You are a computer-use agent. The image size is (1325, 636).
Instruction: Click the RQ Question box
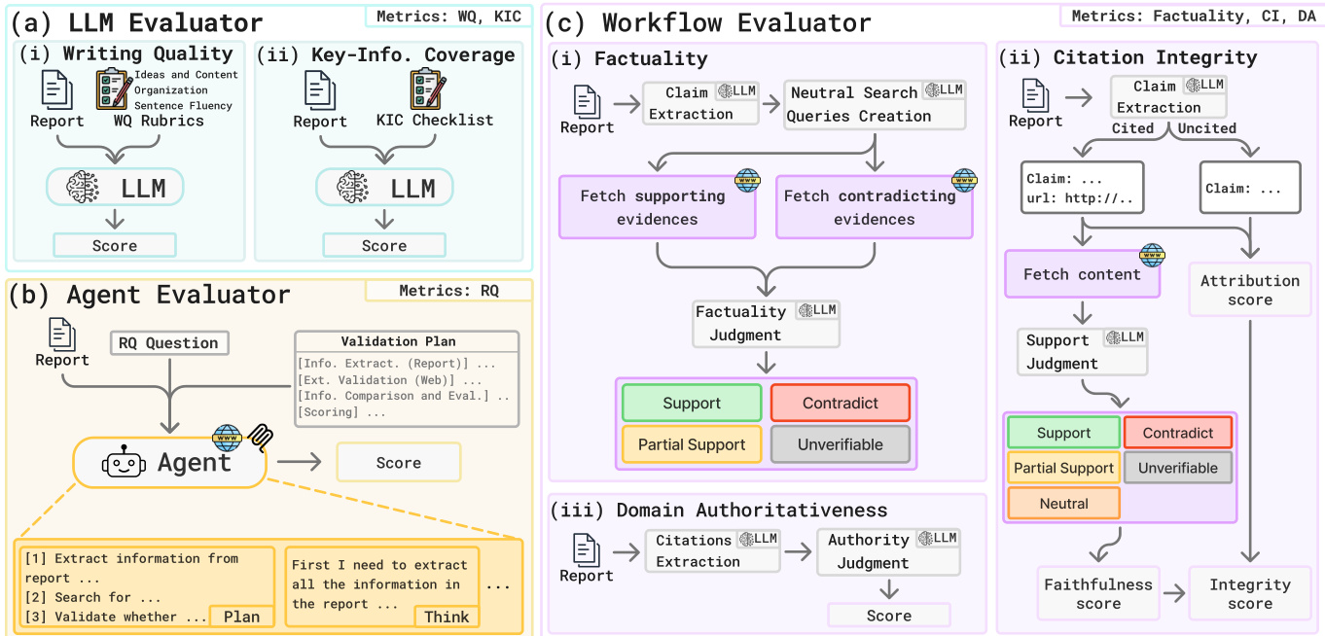pyautogui.click(x=169, y=342)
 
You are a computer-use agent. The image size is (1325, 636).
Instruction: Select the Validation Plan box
pyautogui.click(x=407, y=378)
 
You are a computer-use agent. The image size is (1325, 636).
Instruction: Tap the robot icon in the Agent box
pyautogui.click(x=124, y=463)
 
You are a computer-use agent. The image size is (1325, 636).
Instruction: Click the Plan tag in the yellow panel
pyautogui.click(x=241, y=617)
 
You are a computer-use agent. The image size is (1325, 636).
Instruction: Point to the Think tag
pyautogui.click(x=447, y=617)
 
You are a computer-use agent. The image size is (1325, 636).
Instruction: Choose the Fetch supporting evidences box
pyautogui.click(x=657, y=207)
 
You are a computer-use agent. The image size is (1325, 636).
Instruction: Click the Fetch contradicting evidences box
pyautogui.click(x=874, y=207)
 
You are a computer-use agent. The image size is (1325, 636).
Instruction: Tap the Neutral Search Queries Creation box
pyautogui.click(x=875, y=104)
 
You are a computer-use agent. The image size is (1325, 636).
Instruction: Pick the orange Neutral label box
pyautogui.click(x=1063, y=504)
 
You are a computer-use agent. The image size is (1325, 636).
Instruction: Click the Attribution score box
pyautogui.click(x=1249, y=290)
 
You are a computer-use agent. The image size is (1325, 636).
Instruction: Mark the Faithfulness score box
pyautogui.click(x=1098, y=593)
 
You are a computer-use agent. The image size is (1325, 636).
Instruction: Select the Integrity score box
pyautogui.click(x=1249, y=593)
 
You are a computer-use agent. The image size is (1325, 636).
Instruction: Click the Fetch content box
pyautogui.click(x=1082, y=274)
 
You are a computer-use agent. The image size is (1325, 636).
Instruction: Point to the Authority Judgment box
pyautogui.click(x=887, y=550)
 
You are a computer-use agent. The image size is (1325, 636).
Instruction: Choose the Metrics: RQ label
pyautogui.click(x=448, y=291)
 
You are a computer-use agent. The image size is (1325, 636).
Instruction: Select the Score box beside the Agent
pyautogui.click(x=398, y=463)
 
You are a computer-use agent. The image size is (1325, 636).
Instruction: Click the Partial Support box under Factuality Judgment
pyautogui.click(x=692, y=444)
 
